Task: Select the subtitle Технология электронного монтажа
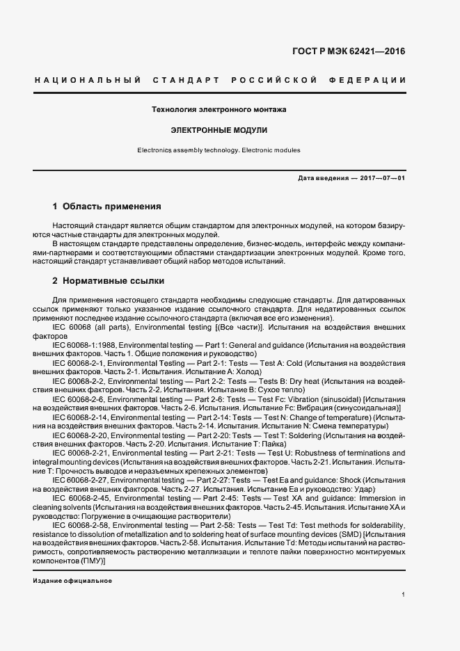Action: (219, 110)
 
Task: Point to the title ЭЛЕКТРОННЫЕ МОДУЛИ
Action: (219, 130)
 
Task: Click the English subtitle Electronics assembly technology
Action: (188, 150)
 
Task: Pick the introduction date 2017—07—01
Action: (382, 178)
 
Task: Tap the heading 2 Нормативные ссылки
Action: (109, 282)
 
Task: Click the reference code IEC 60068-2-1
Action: (78, 363)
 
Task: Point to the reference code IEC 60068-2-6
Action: (78, 399)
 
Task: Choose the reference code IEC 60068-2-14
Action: (80, 417)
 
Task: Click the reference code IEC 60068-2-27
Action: (80, 481)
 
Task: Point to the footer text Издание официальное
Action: (72, 581)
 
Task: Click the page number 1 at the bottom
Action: (404, 595)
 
